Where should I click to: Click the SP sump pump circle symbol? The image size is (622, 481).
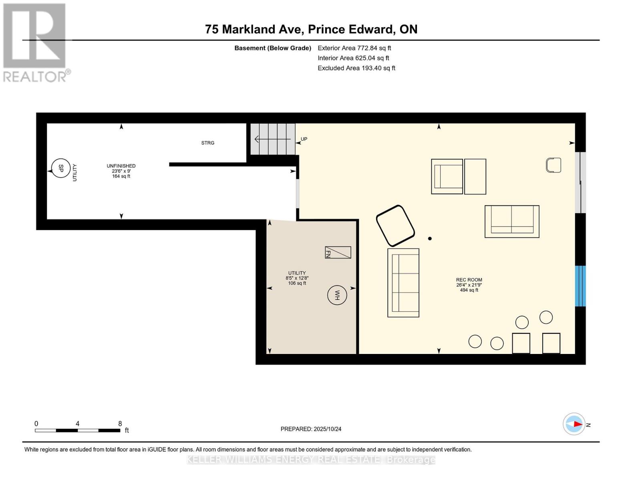[x=61, y=168]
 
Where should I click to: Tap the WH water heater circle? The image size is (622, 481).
[x=337, y=295]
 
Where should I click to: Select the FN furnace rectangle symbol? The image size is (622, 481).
[x=338, y=253]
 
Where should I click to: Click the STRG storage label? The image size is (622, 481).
[x=207, y=143]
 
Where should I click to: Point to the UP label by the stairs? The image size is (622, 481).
[x=304, y=139]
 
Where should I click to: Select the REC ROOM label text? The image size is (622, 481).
[x=469, y=280]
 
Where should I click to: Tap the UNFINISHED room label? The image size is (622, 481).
[x=121, y=166]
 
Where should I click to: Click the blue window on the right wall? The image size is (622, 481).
[x=580, y=286]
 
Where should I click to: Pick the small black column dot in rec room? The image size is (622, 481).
[x=430, y=238]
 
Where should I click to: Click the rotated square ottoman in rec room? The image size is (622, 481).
[x=395, y=226]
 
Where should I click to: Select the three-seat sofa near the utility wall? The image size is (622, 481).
[x=403, y=283]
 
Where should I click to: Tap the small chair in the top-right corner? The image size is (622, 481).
[x=554, y=165]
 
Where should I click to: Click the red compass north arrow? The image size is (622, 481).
[x=577, y=424]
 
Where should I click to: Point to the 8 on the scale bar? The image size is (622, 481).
[x=120, y=423]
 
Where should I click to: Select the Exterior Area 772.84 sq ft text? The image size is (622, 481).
[x=354, y=48]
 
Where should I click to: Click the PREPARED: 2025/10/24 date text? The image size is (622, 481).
[x=311, y=429]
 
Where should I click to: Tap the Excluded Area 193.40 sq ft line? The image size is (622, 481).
[x=356, y=68]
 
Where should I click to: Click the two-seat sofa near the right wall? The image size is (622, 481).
[x=512, y=221]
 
